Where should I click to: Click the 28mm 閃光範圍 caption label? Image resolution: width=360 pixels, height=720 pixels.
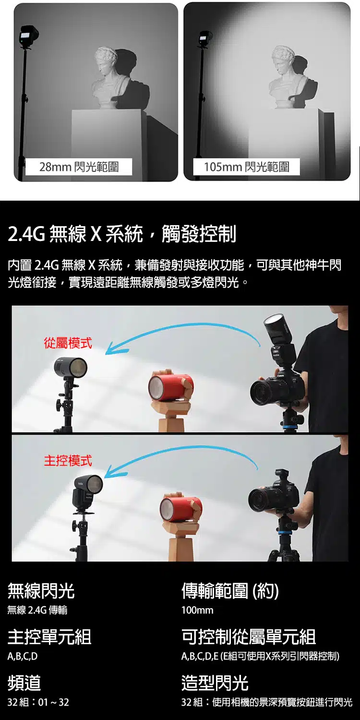pos(79,167)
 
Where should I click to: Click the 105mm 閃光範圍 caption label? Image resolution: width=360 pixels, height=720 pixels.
pos(247,167)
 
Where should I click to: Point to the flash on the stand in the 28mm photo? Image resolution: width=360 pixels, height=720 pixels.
pos(29,35)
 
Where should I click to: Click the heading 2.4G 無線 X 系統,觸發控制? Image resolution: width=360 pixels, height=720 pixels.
pos(122,234)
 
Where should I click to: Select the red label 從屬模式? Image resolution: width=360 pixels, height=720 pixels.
pos(68,343)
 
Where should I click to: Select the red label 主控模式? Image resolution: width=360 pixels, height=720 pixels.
pos(68,461)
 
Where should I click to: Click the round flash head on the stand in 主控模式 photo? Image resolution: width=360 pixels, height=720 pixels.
pos(91,486)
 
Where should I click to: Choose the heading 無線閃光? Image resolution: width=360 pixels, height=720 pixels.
pos(41,591)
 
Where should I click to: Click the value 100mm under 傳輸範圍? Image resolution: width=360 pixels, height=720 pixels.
pos(197,610)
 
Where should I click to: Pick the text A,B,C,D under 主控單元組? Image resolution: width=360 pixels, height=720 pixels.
pos(23,656)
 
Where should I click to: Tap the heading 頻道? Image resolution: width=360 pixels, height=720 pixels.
pos(24,683)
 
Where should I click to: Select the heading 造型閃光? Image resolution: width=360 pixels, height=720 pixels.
pos(215,683)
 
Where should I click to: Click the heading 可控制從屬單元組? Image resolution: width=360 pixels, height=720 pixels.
pos(249,637)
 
